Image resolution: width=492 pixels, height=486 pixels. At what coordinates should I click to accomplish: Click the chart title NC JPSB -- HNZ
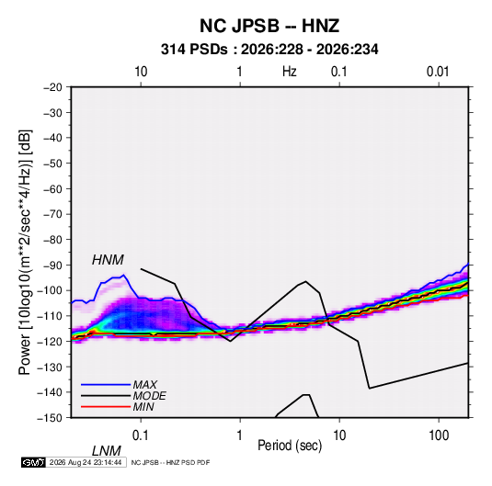[269, 26]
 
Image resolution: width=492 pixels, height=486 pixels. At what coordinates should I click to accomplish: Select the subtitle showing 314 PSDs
[269, 50]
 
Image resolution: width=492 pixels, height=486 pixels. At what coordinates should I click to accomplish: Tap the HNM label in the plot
[108, 260]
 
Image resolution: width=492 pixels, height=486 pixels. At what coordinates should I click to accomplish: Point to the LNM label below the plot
[106, 451]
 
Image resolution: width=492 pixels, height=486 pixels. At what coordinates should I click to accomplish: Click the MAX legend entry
[144, 384]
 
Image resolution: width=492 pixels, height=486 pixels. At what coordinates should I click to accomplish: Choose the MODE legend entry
[149, 396]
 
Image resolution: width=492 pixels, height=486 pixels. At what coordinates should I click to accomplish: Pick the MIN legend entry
[143, 407]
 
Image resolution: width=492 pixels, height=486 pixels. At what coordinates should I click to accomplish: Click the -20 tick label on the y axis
[52, 87]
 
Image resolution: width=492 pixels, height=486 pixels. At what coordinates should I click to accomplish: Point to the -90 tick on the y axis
[52, 265]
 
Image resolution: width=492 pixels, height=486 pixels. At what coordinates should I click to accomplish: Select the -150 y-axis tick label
[50, 418]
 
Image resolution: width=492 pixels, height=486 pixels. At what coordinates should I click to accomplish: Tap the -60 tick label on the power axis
[52, 188]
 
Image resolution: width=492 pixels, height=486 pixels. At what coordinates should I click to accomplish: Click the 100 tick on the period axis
[439, 435]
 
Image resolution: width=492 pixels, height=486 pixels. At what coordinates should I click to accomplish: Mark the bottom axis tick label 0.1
[141, 435]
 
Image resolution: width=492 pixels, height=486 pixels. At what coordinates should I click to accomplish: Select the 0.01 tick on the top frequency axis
[438, 72]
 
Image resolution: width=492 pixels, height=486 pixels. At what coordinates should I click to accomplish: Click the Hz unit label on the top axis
[290, 72]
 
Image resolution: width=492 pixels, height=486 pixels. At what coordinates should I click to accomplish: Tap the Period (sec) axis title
[290, 446]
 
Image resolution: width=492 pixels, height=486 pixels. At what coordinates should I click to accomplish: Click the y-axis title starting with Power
[25, 252]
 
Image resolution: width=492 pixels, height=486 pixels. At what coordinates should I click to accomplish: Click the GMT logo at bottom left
[33, 462]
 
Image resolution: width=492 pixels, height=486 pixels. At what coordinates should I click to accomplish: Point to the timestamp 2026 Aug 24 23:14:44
[86, 462]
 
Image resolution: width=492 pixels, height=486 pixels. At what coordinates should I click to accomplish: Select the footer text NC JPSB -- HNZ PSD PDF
[170, 462]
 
